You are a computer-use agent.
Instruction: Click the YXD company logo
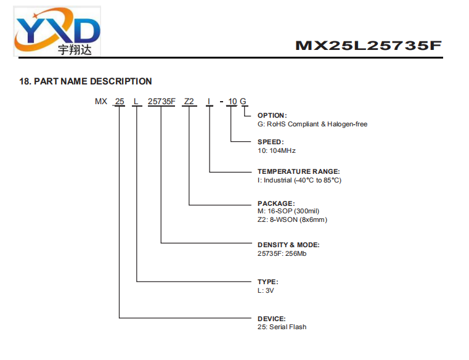[x=57, y=31]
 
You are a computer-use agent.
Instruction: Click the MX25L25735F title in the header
[x=368, y=46]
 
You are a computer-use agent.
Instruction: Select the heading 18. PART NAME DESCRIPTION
[x=86, y=81]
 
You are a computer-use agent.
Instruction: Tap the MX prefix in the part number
[x=101, y=102]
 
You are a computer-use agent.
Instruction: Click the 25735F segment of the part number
[x=161, y=102]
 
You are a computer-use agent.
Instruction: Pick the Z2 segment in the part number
[x=189, y=102]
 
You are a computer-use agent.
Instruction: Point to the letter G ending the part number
[x=243, y=102]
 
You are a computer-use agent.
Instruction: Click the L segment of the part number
[x=136, y=102]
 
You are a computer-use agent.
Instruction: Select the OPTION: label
[x=272, y=115]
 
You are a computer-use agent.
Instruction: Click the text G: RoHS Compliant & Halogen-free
[x=312, y=124]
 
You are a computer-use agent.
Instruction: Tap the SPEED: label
[x=271, y=142]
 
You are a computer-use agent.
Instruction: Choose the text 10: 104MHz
[x=276, y=150]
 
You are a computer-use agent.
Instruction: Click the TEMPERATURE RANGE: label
[x=298, y=171]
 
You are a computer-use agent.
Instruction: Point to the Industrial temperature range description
[x=300, y=180]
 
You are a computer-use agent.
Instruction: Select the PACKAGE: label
[x=276, y=203]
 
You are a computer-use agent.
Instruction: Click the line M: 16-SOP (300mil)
[x=288, y=211]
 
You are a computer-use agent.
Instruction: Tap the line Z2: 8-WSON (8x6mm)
[x=292, y=219]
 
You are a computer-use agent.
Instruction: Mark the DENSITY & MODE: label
[x=288, y=245]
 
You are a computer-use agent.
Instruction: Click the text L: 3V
[x=266, y=290]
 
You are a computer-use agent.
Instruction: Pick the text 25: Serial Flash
[x=282, y=327]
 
